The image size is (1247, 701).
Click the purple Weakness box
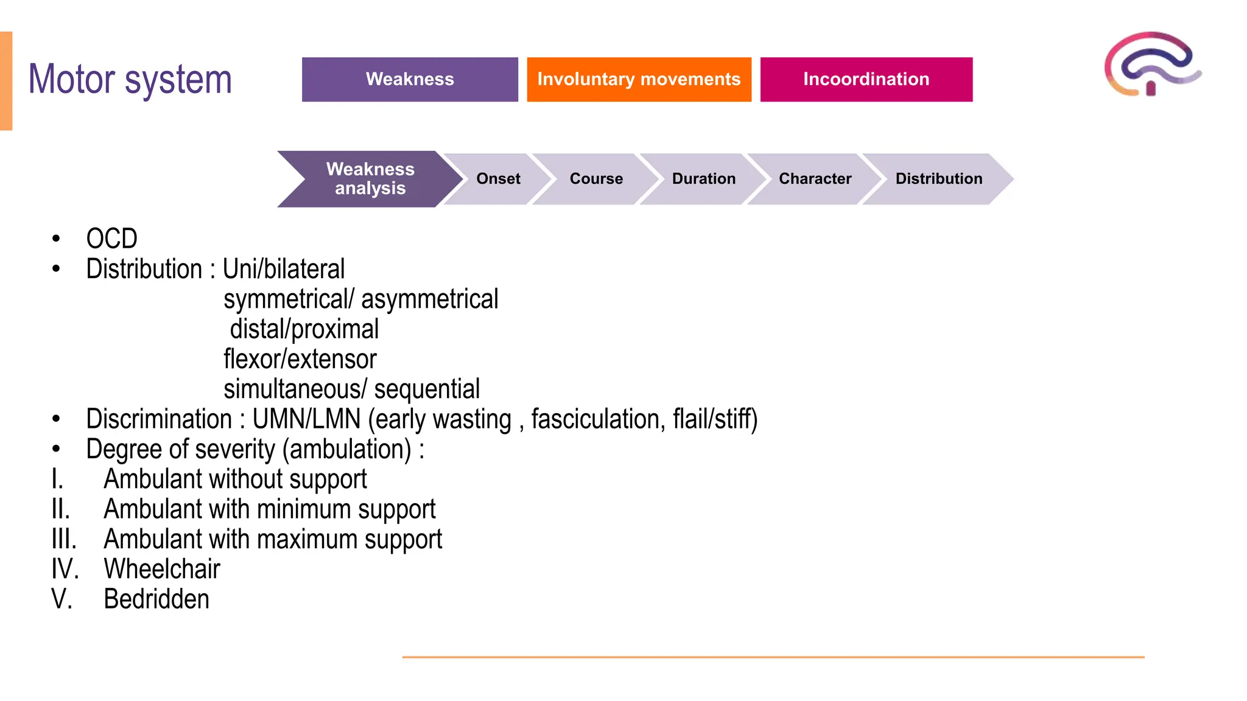pyautogui.click(x=410, y=79)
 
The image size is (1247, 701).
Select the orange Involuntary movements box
pyautogui.click(x=639, y=79)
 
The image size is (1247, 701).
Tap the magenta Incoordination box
pyautogui.click(x=866, y=79)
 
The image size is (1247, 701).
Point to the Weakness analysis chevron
pyautogui.click(x=370, y=179)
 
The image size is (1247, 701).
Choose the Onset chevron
pyautogui.click(x=498, y=179)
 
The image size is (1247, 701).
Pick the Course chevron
pyautogui.click(x=596, y=179)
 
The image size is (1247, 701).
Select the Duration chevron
pyautogui.click(x=703, y=179)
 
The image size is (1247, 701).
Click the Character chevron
pyautogui.click(x=815, y=179)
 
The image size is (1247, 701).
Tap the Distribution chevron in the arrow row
pyautogui.click(x=938, y=179)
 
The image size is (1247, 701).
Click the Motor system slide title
pyautogui.click(x=130, y=80)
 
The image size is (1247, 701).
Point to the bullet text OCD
pyautogui.click(x=112, y=239)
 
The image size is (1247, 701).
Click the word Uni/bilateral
pyautogui.click(x=284, y=269)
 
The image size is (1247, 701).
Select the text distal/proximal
pyautogui.click(x=304, y=329)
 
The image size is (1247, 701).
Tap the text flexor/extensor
pyautogui.click(x=300, y=359)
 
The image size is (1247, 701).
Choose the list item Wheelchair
pyautogui.click(x=162, y=569)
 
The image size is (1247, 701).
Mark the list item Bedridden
pyautogui.click(x=156, y=599)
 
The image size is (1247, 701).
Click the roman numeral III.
pyautogui.click(x=64, y=539)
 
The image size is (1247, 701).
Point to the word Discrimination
pyautogui.click(x=159, y=419)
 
